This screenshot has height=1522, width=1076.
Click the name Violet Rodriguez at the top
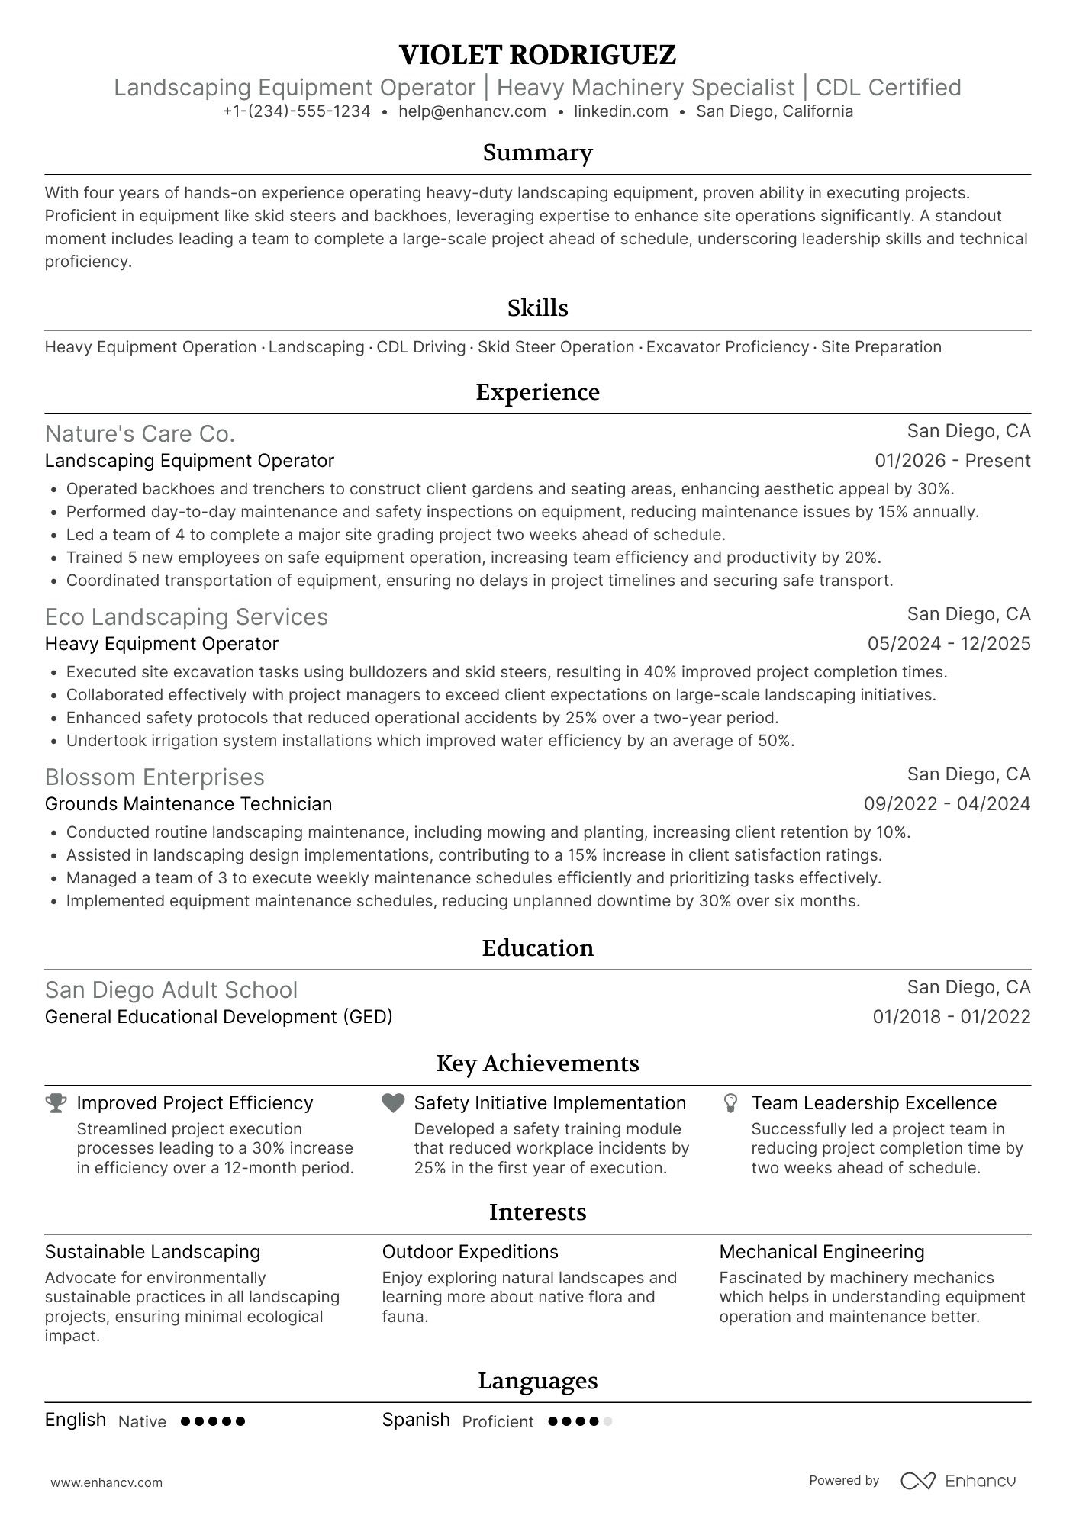(537, 55)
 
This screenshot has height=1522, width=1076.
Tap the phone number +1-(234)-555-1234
(296, 111)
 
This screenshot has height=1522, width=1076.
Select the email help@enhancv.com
(472, 111)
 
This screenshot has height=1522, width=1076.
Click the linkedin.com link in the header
(620, 111)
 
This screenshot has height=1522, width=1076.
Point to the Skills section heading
(537, 308)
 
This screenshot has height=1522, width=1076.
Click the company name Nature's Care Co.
(140, 433)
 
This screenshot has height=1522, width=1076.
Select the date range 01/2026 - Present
(952, 461)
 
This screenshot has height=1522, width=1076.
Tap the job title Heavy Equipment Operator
(162, 644)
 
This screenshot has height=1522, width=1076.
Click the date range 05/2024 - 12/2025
(949, 644)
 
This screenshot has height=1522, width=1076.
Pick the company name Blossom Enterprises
(154, 777)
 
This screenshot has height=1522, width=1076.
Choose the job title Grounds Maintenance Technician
(188, 804)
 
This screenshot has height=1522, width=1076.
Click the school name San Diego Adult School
(171, 989)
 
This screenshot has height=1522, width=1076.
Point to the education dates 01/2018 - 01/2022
(951, 1017)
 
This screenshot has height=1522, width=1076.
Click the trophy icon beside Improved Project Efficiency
(56, 1103)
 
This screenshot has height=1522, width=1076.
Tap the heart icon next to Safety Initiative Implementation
(393, 1103)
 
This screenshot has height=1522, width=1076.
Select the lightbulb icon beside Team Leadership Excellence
(730, 1103)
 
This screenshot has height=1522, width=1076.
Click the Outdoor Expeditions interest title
(470, 1252)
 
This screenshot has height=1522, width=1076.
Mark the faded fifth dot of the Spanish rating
(607, 1422)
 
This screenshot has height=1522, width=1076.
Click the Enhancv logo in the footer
(958, 1481)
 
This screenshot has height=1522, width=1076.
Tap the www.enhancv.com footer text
(106, 1483)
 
